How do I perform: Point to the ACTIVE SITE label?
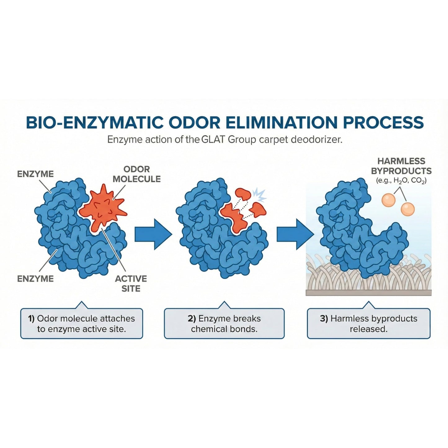131,284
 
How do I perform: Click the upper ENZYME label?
35,174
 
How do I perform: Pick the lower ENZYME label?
35,278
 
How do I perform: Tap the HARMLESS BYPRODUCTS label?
401,166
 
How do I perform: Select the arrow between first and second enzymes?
153,234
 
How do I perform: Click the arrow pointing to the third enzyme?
295,234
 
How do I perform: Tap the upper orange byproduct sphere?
388,200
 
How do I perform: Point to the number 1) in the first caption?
31,318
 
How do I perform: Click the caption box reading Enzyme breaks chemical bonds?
224,323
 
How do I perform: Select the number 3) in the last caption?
324,318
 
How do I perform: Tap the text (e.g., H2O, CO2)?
401,181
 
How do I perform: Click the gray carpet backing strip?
369,292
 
